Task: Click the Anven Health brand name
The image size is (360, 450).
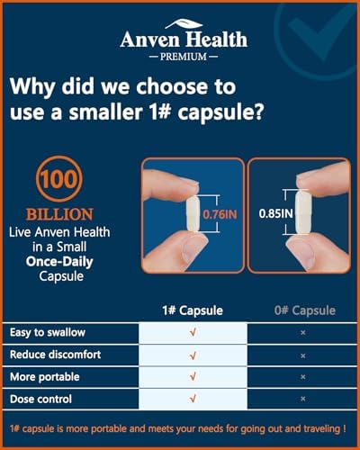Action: [x=184, y=40]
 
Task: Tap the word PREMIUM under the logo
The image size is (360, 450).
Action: [x=184, y=57]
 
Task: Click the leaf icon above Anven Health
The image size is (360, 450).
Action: [x=184, y=24]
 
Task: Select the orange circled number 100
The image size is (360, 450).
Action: [x=59, y=179]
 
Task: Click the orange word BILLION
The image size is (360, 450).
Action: [x=59, y=214]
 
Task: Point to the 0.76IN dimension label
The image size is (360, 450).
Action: [x=220, y=214]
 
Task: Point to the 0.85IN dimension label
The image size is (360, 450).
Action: [x=275, y=213]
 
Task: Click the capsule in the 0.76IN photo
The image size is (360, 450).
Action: [x=193, y=213]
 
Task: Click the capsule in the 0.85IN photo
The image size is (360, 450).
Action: [x=302, y=213]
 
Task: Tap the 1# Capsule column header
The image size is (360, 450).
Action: [x=193, y=310]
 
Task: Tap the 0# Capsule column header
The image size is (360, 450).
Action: [x=305, y=310]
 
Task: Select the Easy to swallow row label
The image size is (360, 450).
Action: [x=48, y=332]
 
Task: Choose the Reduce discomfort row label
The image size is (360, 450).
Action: [x=56, y=355]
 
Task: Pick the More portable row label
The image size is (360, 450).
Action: [x=45, y=377]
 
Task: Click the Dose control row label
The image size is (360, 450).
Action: [x=40, y=399]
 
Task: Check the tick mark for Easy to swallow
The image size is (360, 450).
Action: [x=193, y=332]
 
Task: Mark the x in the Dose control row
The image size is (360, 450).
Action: [x=303, y=399]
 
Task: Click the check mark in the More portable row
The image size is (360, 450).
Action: [x=193, y=376]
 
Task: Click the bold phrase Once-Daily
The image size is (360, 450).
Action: [x=59, y=262]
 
